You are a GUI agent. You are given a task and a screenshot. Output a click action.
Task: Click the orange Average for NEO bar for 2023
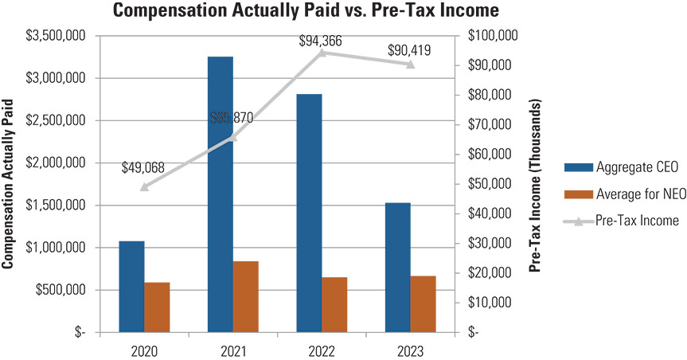pos(423,303)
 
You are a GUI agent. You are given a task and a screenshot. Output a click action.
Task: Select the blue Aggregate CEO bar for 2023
pos(397,267)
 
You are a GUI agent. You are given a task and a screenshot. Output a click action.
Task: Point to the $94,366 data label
pos(321,41)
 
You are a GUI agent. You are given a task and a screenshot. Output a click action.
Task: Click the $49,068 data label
pos(144,168)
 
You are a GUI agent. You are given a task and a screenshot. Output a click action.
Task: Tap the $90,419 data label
pos(409,50)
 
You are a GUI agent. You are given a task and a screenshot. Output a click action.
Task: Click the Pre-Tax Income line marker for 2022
pos(322,53)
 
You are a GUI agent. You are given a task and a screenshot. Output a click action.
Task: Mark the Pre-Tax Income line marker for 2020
pos(144,187)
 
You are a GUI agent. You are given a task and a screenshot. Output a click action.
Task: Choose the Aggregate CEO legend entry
pos(621,167)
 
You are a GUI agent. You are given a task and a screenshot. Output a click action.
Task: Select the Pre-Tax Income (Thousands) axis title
pos(535,184)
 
